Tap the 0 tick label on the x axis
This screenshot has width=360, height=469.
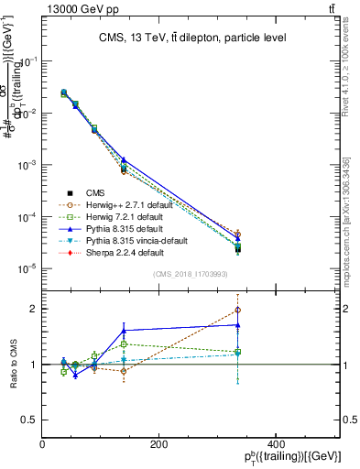coord(42,444)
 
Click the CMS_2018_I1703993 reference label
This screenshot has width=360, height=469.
coord(190,273)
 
